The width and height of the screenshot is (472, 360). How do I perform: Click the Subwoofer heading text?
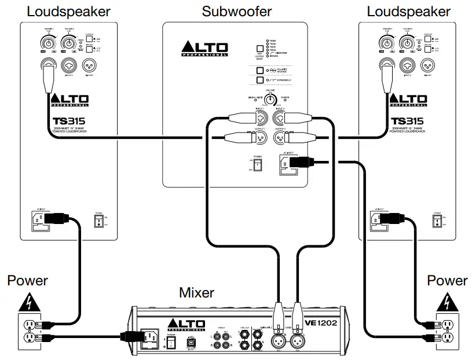(x=236, y=11)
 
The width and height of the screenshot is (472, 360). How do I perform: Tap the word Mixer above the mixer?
(x=196, y=293)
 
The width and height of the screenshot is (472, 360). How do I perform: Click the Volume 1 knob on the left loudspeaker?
(x=47, y=43)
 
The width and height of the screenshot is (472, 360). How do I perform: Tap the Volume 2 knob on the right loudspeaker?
(x=412, y=43)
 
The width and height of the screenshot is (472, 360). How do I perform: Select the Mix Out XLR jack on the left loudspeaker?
(x=89, y=64)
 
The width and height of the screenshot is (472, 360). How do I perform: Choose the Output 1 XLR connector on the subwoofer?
(x=261, y=138)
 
